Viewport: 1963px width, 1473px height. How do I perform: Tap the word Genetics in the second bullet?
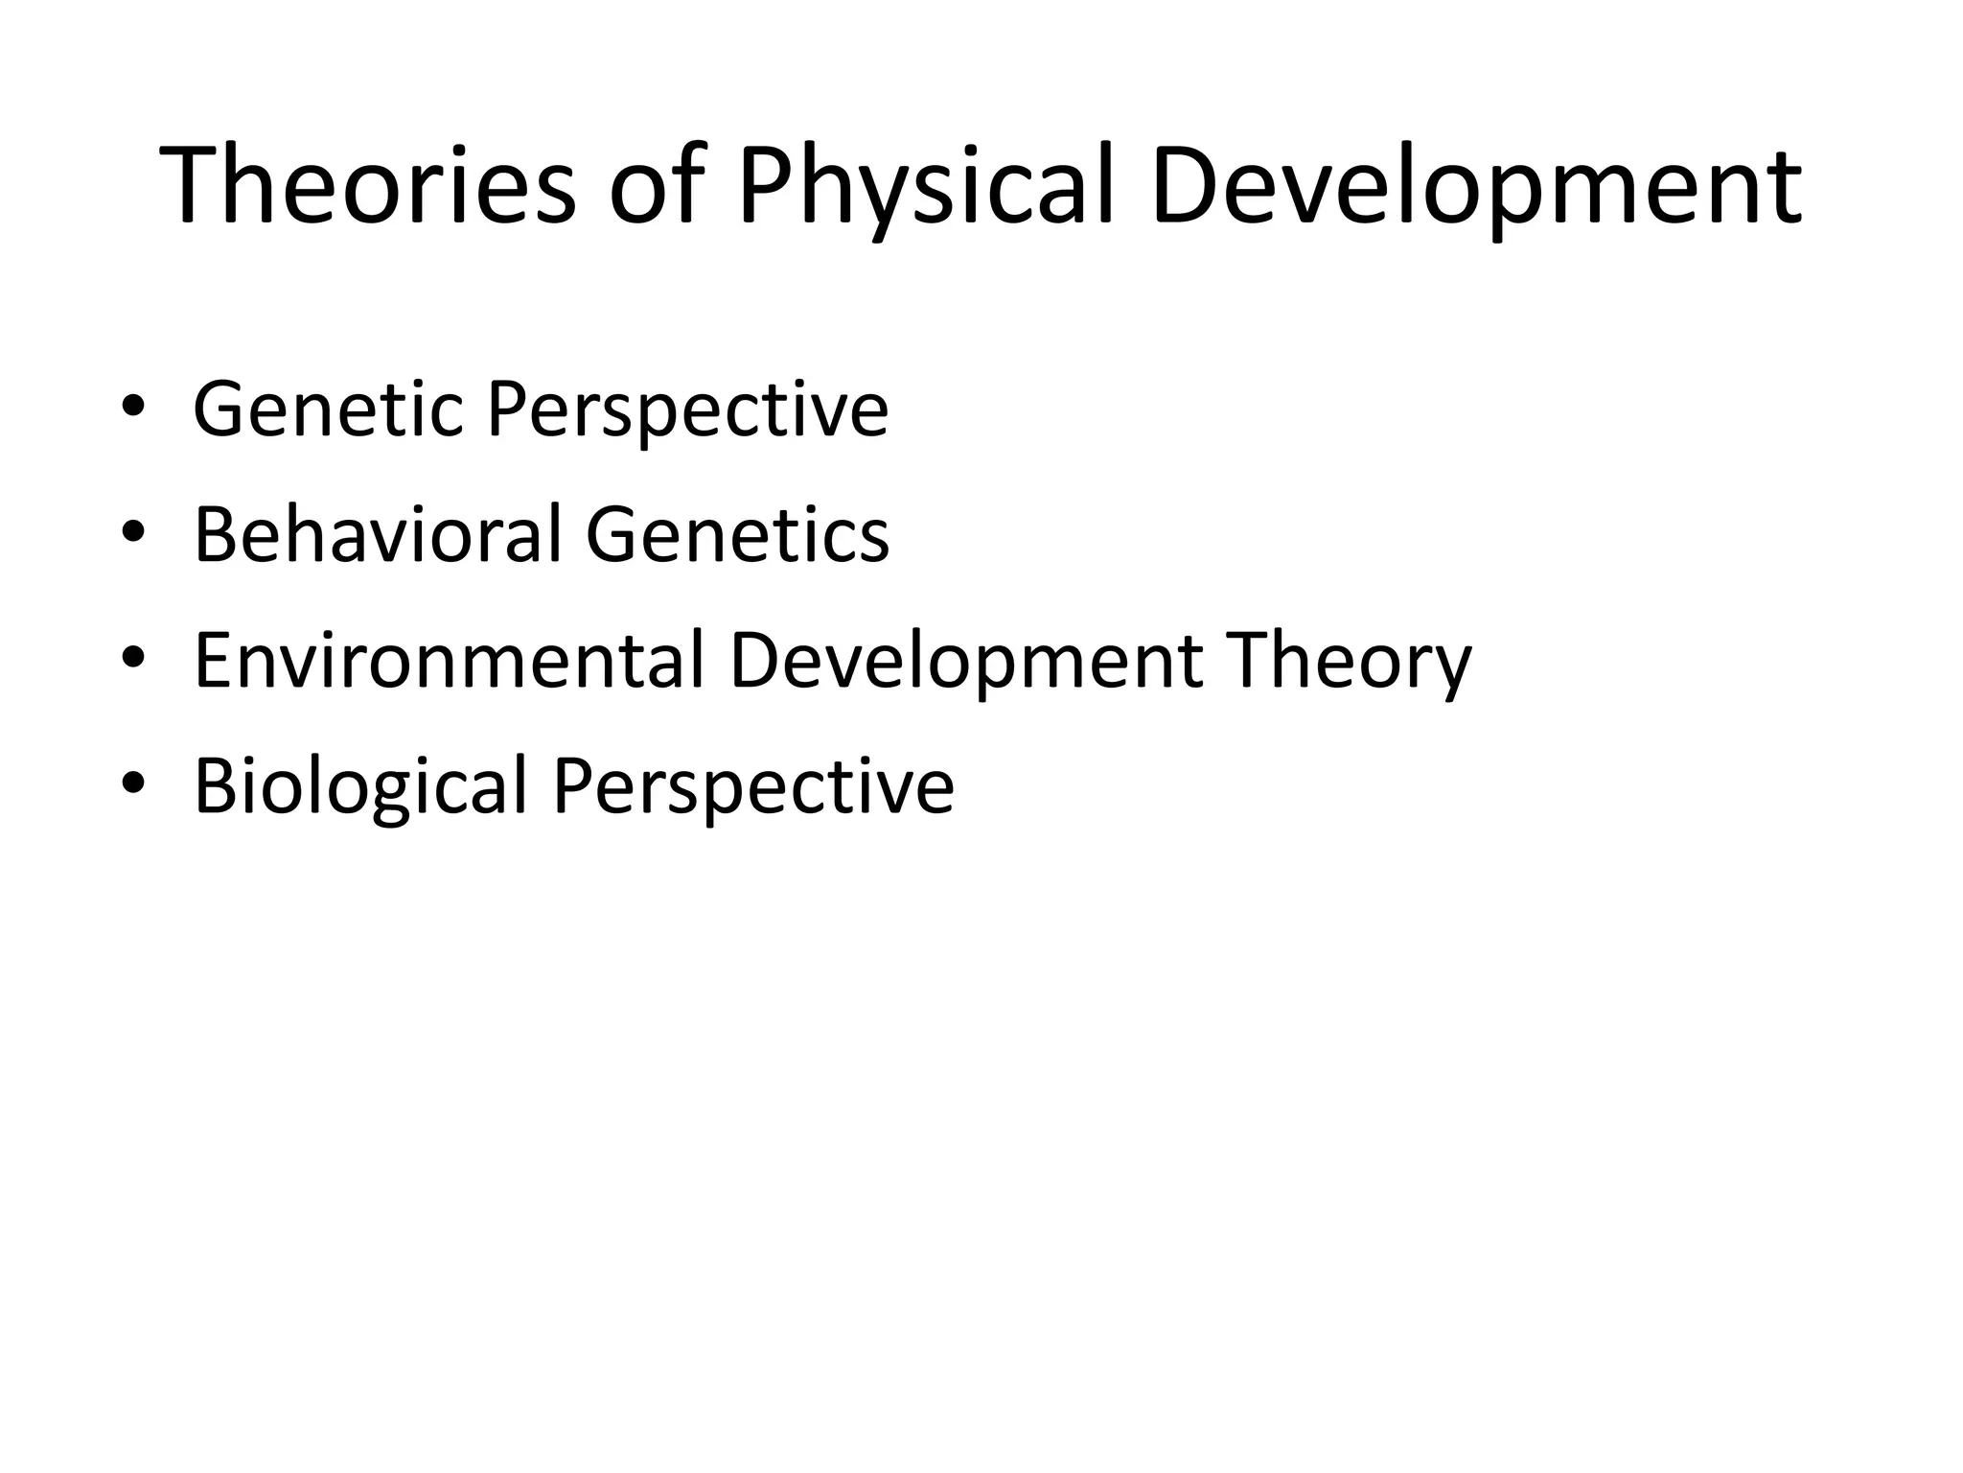(x=737, y=534)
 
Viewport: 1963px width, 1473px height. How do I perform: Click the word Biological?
(x=360, y=786)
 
